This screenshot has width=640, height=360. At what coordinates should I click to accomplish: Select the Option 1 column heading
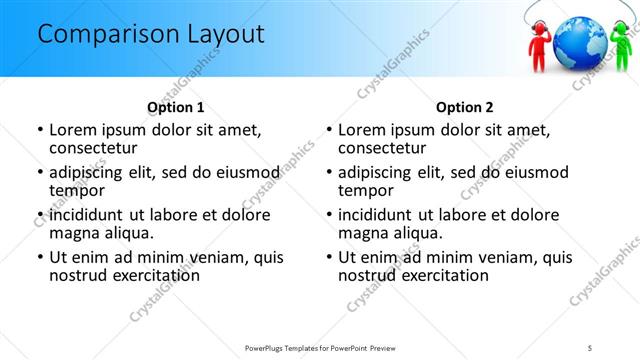click(x=175, y=107)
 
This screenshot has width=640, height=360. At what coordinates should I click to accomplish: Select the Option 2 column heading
click(x=464, y=107)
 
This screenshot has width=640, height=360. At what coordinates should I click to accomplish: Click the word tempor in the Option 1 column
click(x=75, y=191)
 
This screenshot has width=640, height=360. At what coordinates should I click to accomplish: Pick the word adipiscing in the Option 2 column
click(x=378, y=172)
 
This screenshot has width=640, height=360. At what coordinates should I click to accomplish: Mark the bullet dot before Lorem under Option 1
click(x=39, y=130)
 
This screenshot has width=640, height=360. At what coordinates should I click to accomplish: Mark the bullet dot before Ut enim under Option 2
click(x=328, y=257)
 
